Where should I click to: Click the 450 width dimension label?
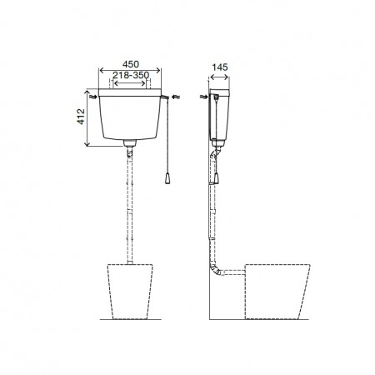131,64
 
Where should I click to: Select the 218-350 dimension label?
131,75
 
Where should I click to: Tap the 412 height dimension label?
81,117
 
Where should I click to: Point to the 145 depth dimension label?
220,67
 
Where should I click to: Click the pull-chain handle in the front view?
167,178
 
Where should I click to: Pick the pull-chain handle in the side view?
216,177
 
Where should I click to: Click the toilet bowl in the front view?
130,292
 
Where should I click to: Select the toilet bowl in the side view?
277,292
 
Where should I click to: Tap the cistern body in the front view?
130,117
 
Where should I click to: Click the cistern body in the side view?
219,114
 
